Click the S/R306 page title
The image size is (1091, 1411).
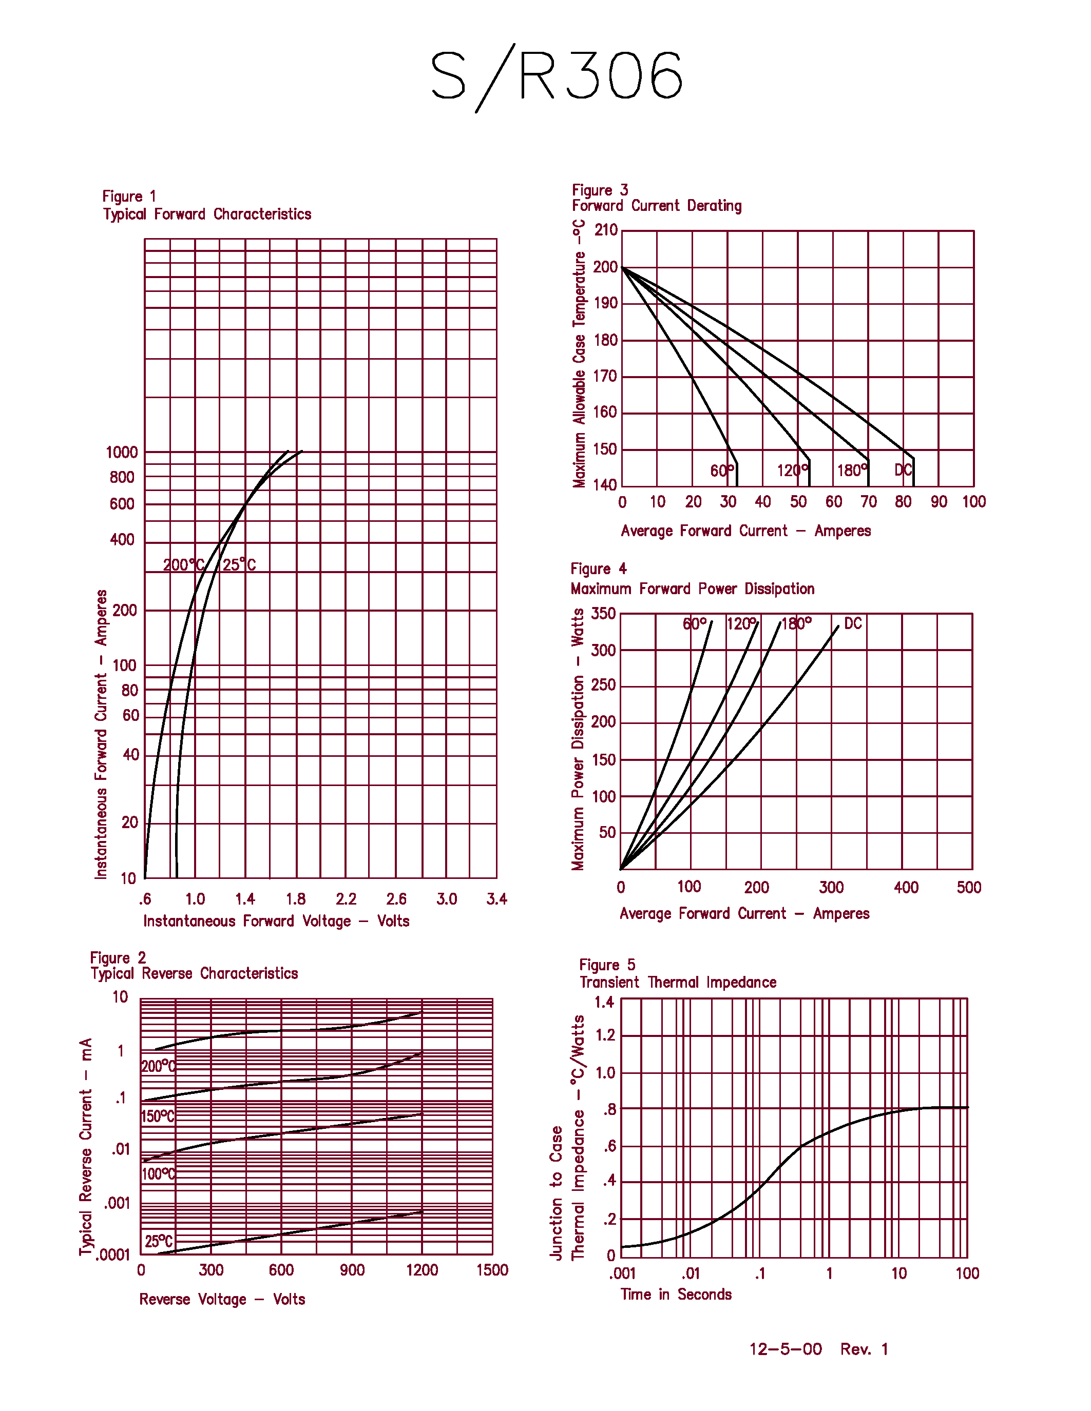[x=557, y=76]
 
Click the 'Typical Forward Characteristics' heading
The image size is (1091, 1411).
[x=207, y=214]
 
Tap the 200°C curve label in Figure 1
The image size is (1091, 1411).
[x=183, y=565]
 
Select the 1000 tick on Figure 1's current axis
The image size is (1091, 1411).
[x=122, y=452]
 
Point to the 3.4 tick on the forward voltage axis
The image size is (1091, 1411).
[x=496, y=898]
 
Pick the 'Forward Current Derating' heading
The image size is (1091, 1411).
[x=657, y=205]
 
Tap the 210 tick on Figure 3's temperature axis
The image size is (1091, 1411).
[x=606, y=230]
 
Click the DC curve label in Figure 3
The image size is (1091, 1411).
[x=903, y=471]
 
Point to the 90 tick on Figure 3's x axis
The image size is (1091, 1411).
[x=939, y=502]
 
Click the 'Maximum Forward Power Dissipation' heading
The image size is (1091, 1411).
[x=692, y=589]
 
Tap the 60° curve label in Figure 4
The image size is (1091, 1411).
[x=694, y=623]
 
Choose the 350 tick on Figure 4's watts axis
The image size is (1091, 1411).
[x=603, y=613]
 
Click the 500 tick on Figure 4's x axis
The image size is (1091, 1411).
[x=969, y=887]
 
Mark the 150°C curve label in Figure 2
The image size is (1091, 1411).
[x=158, y=1116]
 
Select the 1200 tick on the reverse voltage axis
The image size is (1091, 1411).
[x=422, y=1270]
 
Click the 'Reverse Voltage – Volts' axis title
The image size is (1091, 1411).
[x=222, y=1299]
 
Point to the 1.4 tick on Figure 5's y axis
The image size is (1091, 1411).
[x=604, y=1002]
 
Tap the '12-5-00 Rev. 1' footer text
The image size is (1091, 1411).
[x=818, y=1349]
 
